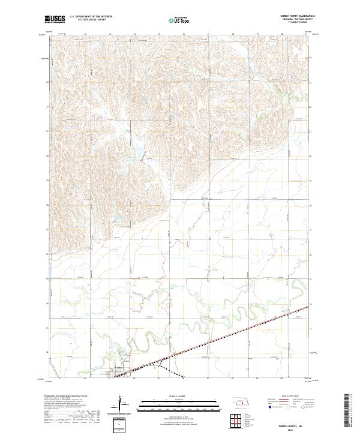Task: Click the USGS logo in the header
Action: click(55, 19)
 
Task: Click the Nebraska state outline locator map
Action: click(242, 401)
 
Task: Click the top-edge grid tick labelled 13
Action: click(85, 34)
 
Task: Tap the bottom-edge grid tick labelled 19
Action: click(257, 379)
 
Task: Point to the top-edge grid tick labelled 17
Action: click(208, 34)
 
